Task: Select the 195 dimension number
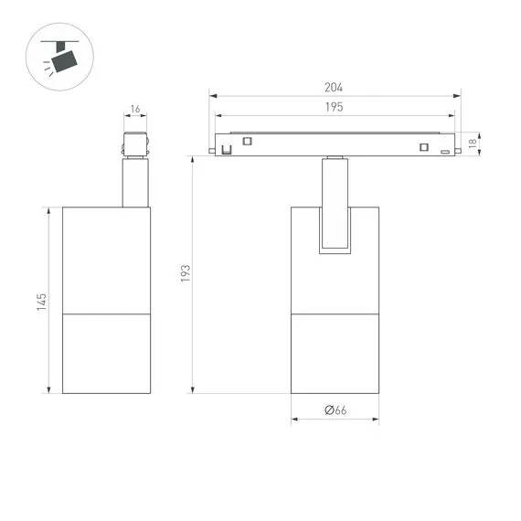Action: (x=334, y=108)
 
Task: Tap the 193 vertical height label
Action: (x=185, y=273)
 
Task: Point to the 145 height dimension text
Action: (x=41, y=302)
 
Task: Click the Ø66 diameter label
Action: (x=335, y=411)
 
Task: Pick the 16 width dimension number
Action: (x=135, y=110)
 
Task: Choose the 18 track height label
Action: (x=473, y=143)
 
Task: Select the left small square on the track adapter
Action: (x=247, y=140)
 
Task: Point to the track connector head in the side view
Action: (x=135, y=145)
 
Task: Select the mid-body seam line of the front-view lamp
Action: (x=335, y=314)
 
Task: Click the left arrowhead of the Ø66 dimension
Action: (x=294, y=421)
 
